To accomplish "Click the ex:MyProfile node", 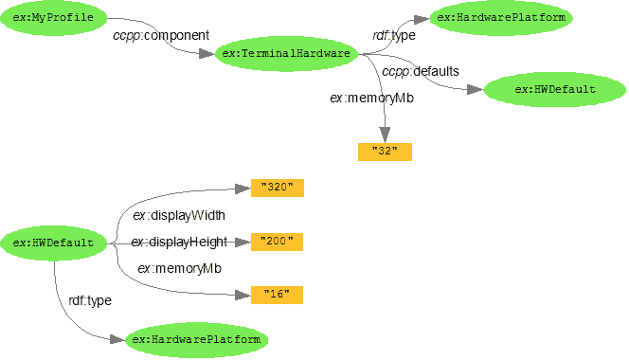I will [53, 18].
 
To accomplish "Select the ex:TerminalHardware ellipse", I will [284, 54].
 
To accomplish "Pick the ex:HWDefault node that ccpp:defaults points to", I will [554, 90].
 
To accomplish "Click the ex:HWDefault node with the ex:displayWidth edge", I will [53, 243].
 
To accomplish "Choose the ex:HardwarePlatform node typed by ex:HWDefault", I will [195, 339].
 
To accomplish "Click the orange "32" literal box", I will [385, 152].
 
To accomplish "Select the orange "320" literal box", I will [277, 188].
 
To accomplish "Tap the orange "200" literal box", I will [277, 242].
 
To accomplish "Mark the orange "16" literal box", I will [277, 295].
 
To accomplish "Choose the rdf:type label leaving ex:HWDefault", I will [90, 300].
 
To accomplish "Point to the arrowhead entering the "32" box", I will [385, 135].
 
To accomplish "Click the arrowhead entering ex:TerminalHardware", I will [207, 54].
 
